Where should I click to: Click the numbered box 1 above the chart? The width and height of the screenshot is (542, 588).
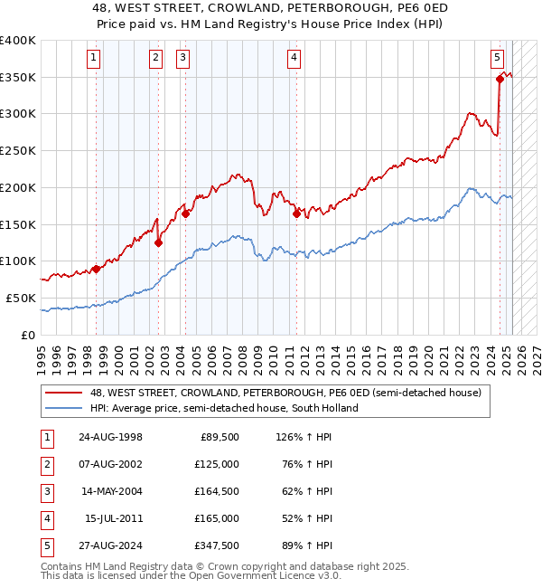pyautogui.click(x=95, y=59)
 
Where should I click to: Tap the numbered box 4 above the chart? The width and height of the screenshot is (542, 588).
pyautogui.click(x=294, y=59)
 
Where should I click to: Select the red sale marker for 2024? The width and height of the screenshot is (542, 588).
pyautogui.click(x=500, y=79)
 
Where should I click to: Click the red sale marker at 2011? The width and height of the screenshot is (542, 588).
pyautogui.click(x=296, y=213)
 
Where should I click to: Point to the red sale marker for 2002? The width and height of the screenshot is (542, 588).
pyautogui.click(x=158, y=242)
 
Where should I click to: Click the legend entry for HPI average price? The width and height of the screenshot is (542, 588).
pyautogui.click(x=224, y=408)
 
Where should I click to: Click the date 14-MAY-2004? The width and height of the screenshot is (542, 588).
pyautogui.click(x=110, y=492)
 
